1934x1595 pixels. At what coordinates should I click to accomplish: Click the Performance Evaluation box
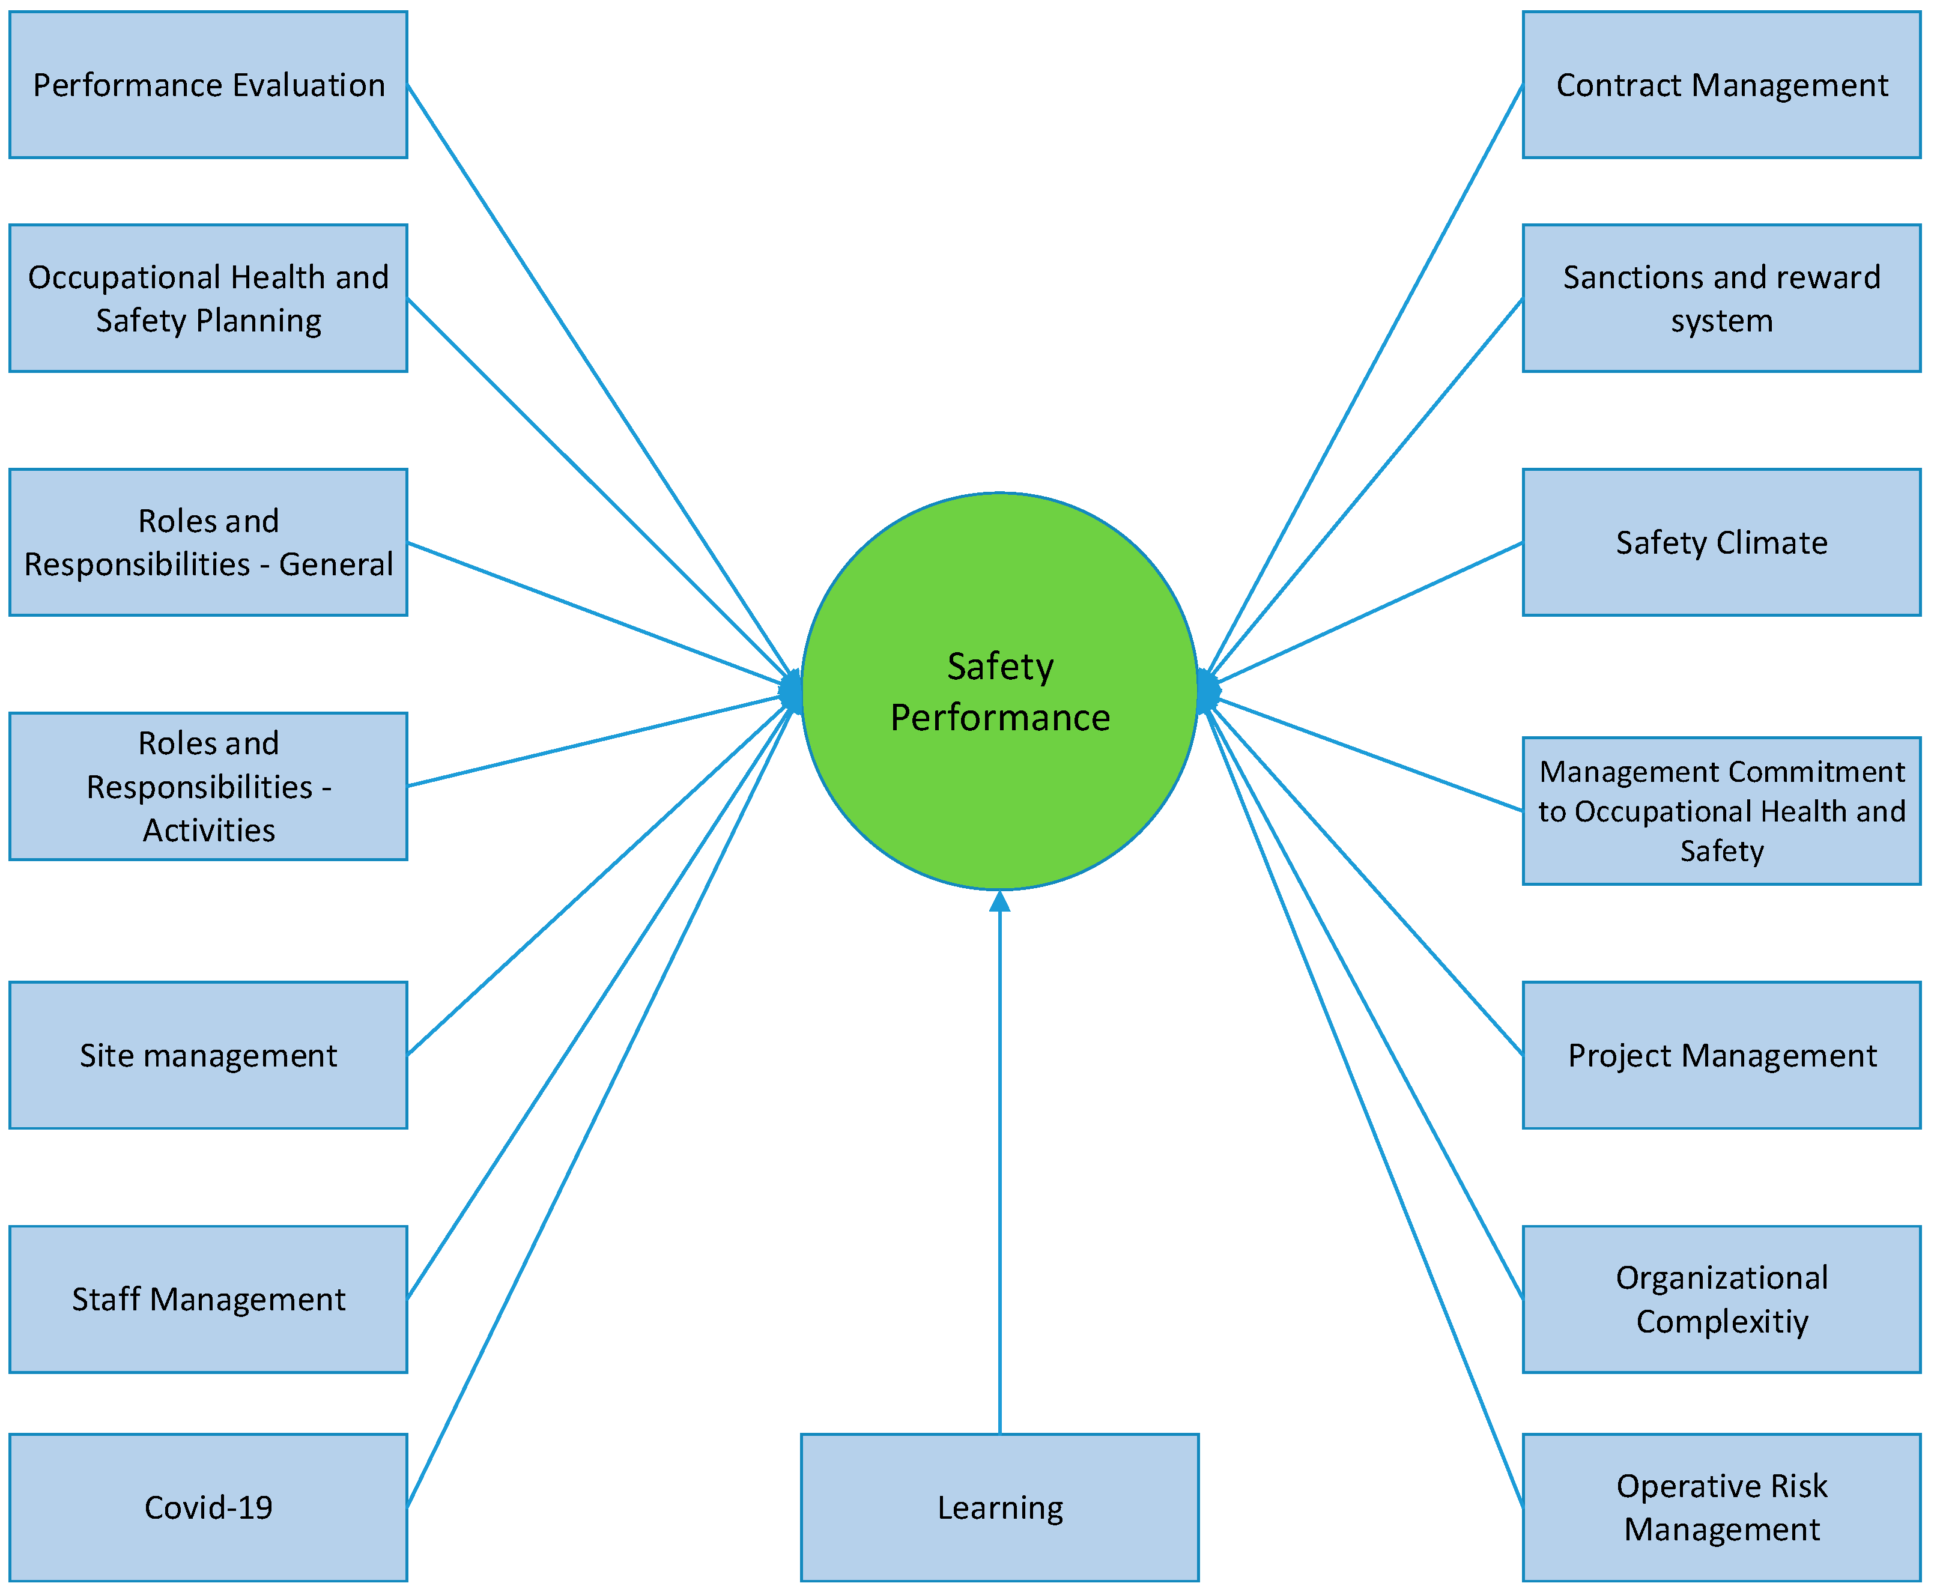tap(208, 85)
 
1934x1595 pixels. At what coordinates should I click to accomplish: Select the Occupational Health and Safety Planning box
tap(208, 298)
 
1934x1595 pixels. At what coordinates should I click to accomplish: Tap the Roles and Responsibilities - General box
tap(208, 542)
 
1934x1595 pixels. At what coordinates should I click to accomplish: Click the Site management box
tap(208, 1055)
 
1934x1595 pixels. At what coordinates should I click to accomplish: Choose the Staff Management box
tap(208, 1298)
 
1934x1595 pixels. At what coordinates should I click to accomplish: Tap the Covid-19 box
tap(208, 1507)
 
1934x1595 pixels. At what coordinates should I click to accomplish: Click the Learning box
tap(999, 1507)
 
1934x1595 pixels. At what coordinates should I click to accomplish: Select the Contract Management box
tap(1721, 85)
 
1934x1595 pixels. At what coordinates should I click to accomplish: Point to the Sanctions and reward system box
tap(1721, 298)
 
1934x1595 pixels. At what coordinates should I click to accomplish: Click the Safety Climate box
tap(1721, 542)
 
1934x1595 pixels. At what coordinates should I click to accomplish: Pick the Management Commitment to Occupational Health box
tap(1721, 810)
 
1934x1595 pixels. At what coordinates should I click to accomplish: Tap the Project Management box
tap(1721, 1055)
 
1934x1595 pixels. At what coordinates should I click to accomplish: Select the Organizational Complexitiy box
tap(1721, 1298)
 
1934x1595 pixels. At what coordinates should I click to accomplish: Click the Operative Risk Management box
tap(1721, 1507)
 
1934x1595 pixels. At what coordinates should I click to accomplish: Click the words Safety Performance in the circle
tap(999, 691)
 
